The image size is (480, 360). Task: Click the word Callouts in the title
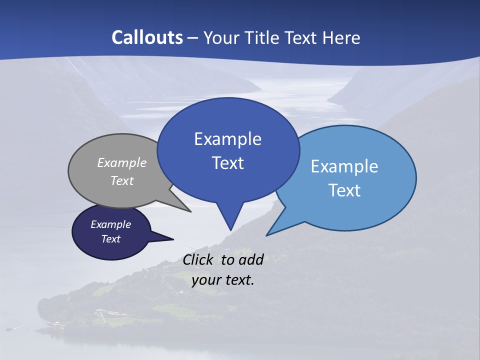147,37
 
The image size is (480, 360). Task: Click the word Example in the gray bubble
122,163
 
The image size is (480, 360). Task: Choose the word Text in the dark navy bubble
111,239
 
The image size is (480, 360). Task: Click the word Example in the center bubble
227,139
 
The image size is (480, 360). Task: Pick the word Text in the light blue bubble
344,190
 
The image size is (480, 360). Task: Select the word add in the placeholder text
251,259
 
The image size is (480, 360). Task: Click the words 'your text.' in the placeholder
223,280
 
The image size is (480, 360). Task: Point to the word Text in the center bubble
227,163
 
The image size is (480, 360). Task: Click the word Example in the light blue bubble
344,166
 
